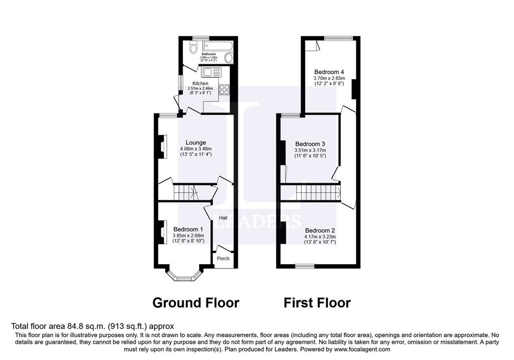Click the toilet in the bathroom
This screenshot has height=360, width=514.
pyautogui.click(x=193, y=49)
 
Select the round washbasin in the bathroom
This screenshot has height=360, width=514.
pyautogui.click(x=229, y=58)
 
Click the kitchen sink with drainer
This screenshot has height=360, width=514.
pyautogui.click(x=211, y=72)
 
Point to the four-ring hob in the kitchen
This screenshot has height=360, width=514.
pyautogui.click(x=224, y=89)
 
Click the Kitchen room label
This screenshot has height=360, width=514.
pyautogui.click(x=200, y=84)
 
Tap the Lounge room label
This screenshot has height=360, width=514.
pyautogui.click(x=196, y=143)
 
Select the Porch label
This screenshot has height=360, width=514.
pyautogui.click(x=223, y=259)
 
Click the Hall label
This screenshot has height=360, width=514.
pyautogui.click(x=223, y=218)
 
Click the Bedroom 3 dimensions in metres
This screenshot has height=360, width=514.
pyautogui.click(x=310, y=150)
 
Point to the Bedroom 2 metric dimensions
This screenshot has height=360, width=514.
pyautogui.click(x=320, y=236)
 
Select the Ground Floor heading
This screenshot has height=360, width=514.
pyautogui.click(x=196, y=303)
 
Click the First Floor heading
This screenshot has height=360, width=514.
pyautogui.click(x=317, y=303)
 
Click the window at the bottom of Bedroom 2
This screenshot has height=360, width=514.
pyautogui.click(x=305, y=266)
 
